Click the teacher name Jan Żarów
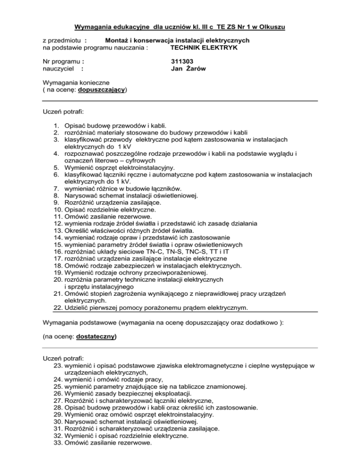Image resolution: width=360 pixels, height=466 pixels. point(189,69)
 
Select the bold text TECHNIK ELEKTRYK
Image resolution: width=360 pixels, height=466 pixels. point(203,48)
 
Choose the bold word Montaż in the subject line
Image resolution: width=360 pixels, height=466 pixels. point(118,40)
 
